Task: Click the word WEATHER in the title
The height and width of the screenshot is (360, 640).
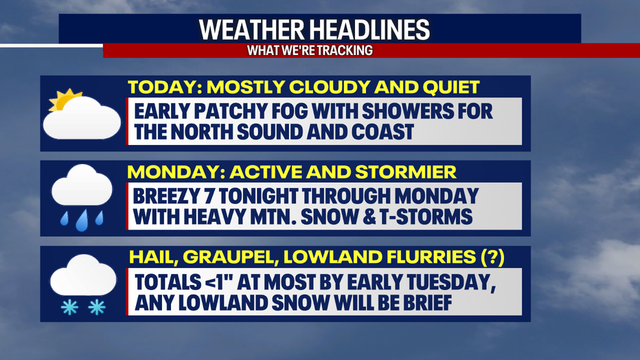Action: click(251, 30)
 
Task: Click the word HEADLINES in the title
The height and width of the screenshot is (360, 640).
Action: click(369, 30)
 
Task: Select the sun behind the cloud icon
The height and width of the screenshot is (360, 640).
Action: click(63, 99)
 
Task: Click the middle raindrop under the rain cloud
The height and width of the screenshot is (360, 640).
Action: click(82, 221)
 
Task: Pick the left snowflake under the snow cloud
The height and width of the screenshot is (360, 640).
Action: click(69, 307)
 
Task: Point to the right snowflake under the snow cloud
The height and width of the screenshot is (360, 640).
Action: click(97, 307)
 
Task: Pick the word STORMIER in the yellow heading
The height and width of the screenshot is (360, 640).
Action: click(405, 172)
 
